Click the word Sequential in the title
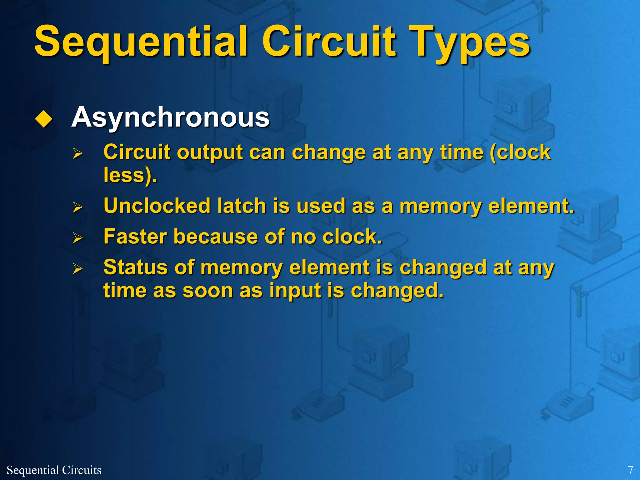click(141, 42)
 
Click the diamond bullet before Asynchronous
click(43, 119)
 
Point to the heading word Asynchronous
click(170, 117)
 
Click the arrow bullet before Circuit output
click(77, 153)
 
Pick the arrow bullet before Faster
click(77, 238)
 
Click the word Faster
click(135, 237)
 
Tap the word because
click(216, 237)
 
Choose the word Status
click(135, 267)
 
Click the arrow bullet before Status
click(77, 269)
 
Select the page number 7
click(630, 470)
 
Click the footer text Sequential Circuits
click(54, 470)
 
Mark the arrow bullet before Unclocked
click(77, 207)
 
